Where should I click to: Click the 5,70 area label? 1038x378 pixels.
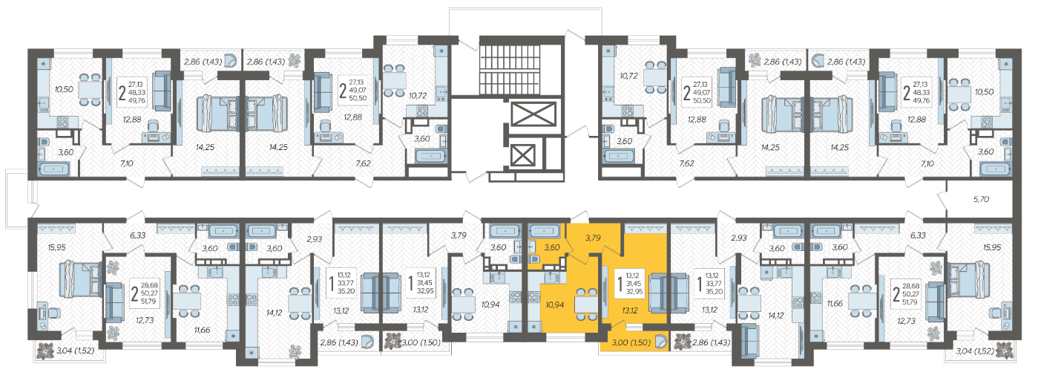[x=981, y=199]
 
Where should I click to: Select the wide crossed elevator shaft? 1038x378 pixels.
[x=533, y=114]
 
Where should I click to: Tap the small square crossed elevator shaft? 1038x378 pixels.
[x=523, y=155]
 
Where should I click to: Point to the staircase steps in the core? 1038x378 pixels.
[x=509, y=69]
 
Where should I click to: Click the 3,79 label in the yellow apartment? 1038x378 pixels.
[x=593, y=238]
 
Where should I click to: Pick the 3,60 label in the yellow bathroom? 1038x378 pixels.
[x=552, y=248]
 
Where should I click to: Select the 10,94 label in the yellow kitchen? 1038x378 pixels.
[x=555, y=304]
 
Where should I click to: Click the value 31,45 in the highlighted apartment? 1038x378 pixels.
[x=634, y=284]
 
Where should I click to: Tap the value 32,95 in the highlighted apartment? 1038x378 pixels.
[x=634, y=292]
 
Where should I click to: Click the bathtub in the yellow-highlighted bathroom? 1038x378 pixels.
[x=545, y=230]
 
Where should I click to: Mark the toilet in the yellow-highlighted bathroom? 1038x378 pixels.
[x=533, y=258]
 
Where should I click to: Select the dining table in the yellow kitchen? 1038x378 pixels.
[x=586, y=304]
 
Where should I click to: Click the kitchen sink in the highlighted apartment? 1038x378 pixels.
[x=550, y=277]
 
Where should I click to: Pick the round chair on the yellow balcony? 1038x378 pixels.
[x=660, y=342]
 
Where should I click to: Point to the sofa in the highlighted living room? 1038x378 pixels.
[x=663, y=293]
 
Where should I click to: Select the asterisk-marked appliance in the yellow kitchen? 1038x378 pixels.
[x=534, y=327]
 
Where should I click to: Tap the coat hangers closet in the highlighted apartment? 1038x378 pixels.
[x=644, y=228]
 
